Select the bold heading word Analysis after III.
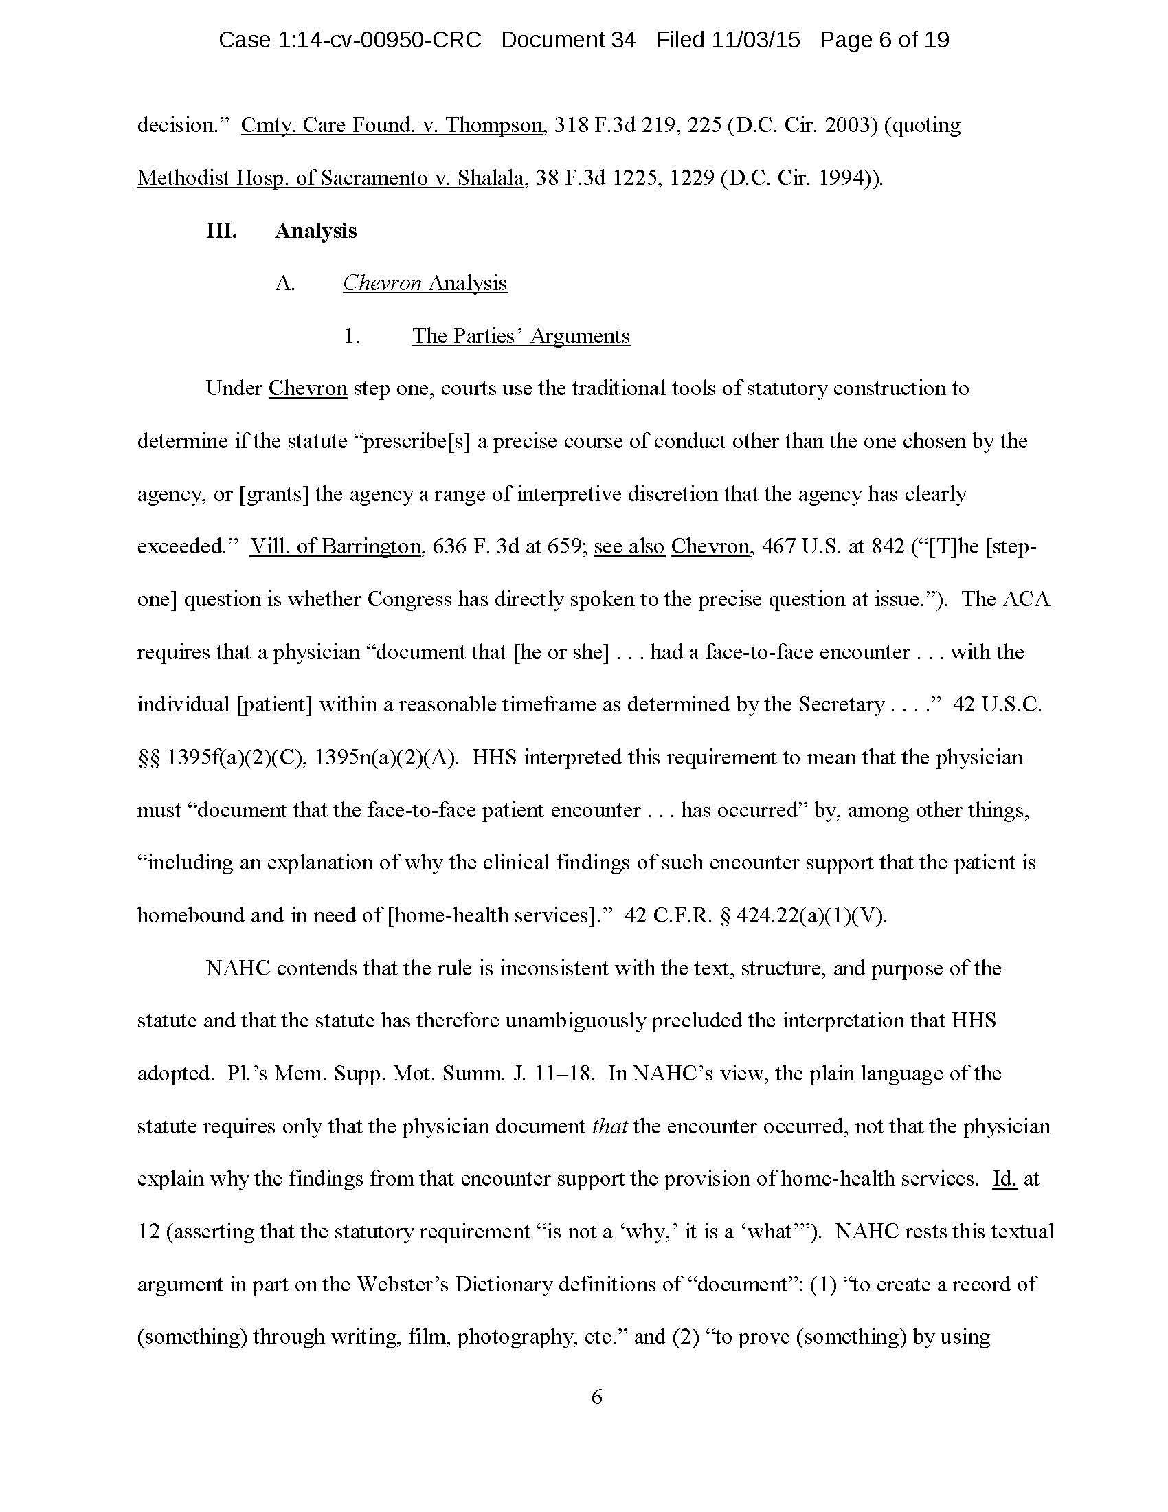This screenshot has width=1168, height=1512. pos(315,230)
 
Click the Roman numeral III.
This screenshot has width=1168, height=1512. pos(221,230)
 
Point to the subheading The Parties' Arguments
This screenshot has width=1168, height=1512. pos(521,336)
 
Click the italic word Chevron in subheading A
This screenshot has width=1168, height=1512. pos(383,283)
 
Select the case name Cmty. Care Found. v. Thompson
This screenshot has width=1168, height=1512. pos(392,125)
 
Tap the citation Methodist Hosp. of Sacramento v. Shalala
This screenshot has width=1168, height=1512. pos(330,178)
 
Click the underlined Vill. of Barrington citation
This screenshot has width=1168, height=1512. pos(335,547)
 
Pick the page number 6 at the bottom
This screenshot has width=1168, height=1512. pos(596,1397)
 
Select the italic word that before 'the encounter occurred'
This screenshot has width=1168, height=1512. pos(609,1126)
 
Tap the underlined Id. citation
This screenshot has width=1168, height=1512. pos(1004,1179)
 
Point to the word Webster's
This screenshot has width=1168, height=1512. pos(402,1285)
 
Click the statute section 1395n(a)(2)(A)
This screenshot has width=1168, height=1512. pos(386,757)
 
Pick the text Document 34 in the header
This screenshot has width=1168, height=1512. pos(568,40)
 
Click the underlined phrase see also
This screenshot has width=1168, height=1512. pos(629,547)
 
